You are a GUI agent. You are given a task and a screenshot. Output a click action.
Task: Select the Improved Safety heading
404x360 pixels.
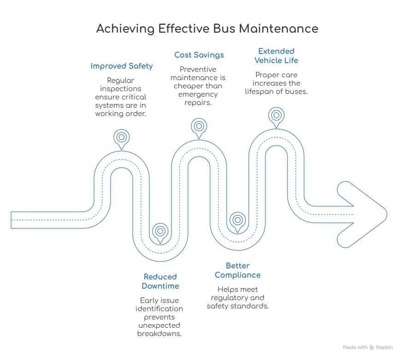pyautogui.click(x=122, y=67)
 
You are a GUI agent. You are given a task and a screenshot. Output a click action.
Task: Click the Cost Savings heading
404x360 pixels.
pyautogui.click(x=199, y=55)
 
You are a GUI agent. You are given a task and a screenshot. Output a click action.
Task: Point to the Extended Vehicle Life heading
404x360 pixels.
pyautogui.click(x=275, y=55)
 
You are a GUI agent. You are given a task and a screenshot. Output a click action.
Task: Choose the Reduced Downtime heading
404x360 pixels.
pyautogui.click(x=160, y=281)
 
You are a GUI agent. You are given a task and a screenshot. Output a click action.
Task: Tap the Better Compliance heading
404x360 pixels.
pyautogui.click(x=237, y=271)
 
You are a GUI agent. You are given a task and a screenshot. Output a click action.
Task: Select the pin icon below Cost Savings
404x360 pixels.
pyautogui.click(x=199, y=125)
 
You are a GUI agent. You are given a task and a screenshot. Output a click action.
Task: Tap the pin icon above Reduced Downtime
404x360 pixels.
pyautogui.click(x=160, y=229)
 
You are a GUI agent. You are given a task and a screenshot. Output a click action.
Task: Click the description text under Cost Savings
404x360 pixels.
pyautogui.click(x=199, y=85)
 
